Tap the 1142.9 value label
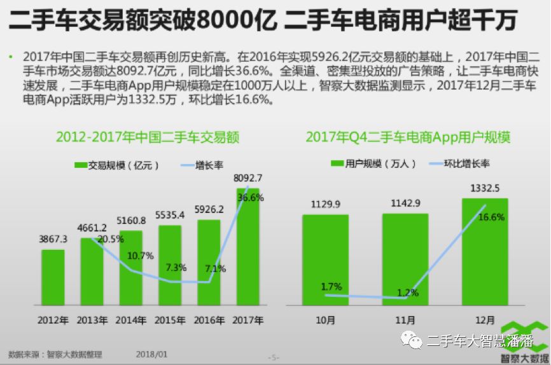coord(405,203)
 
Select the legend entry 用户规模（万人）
coord(375,163)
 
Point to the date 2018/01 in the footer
coord(151,354)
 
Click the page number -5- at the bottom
coord(274,357)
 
